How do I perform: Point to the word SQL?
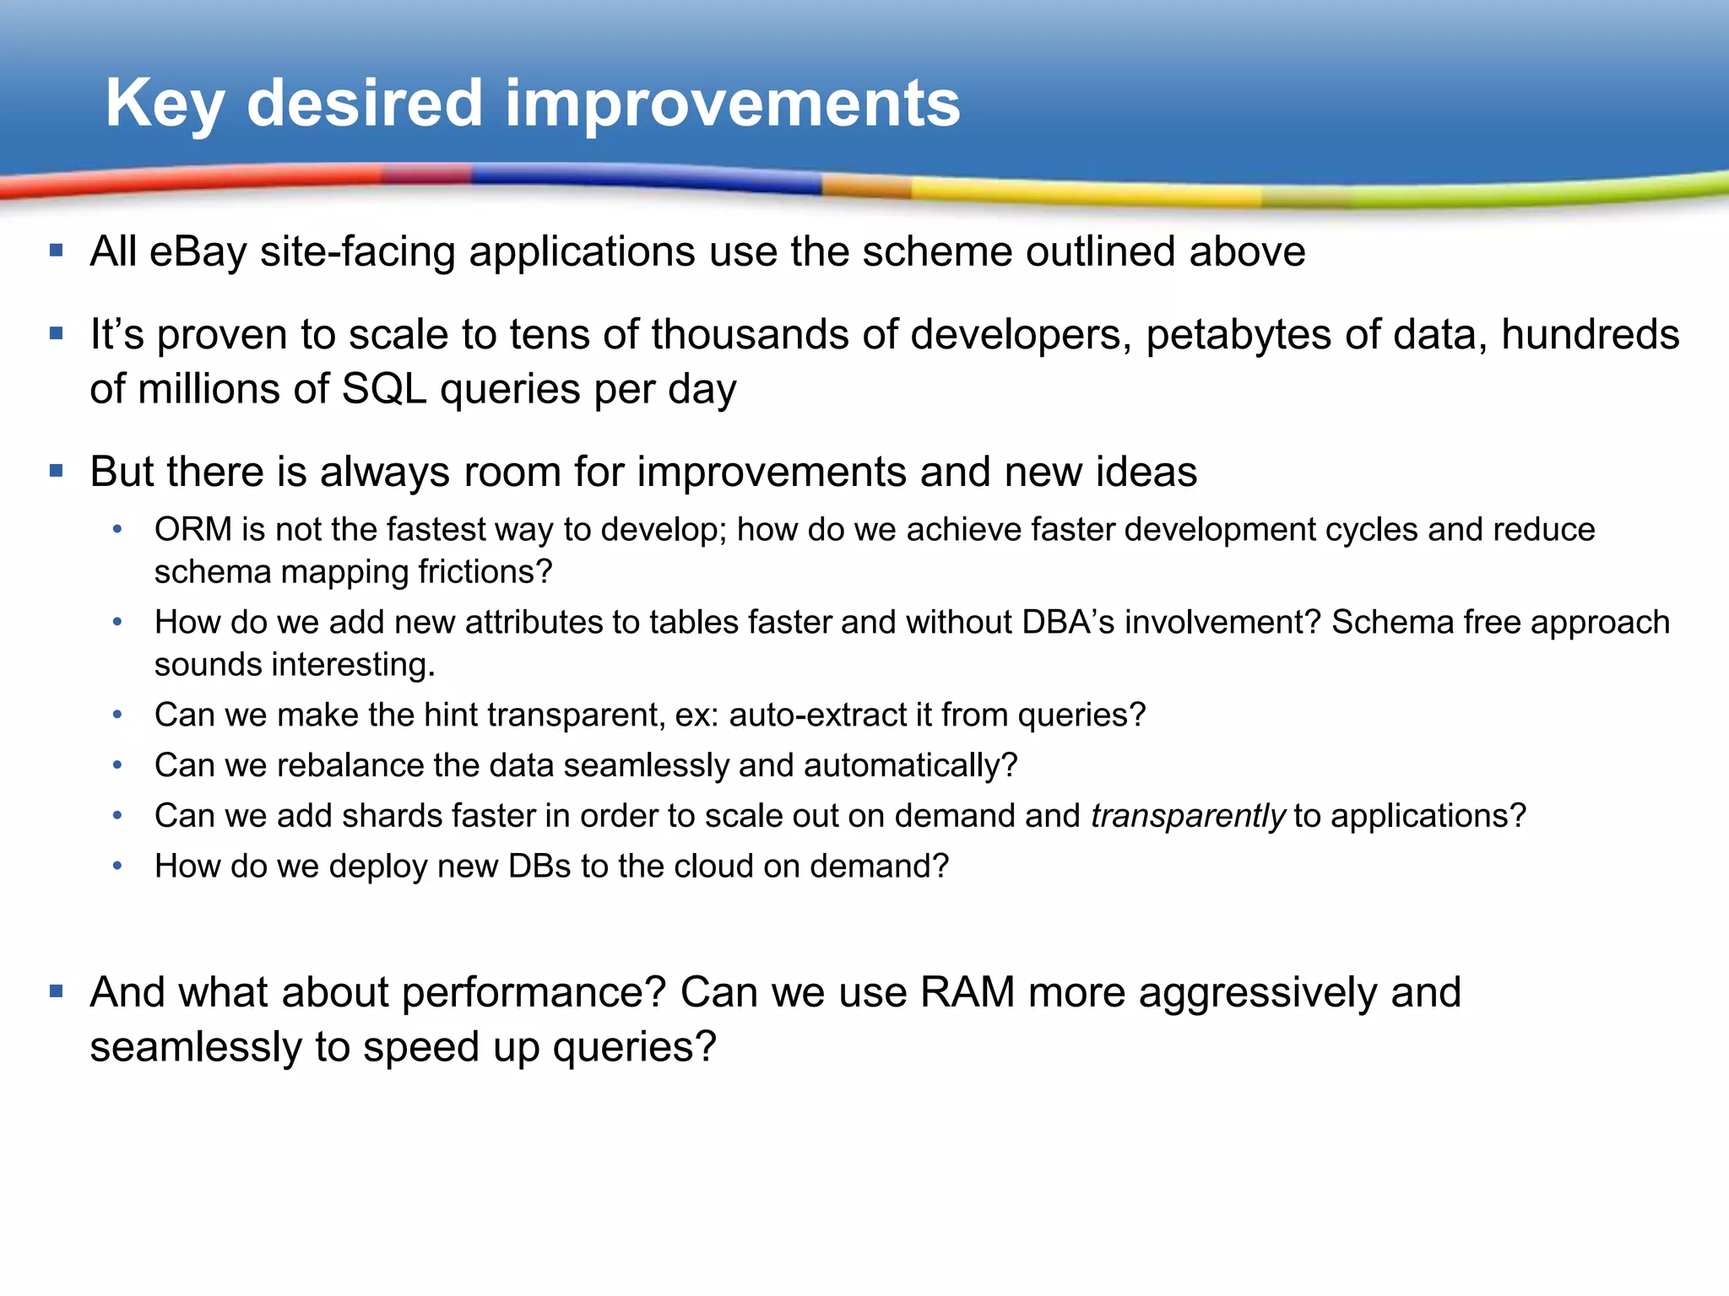click(383, 390)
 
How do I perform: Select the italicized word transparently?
click(1187, 817)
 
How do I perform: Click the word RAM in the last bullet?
click(967, 992)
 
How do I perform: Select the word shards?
click(392, 817)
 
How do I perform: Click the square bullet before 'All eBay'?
click(57, 251)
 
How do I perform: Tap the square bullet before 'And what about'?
click(57, 991)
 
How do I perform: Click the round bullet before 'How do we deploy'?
click(117, 866)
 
